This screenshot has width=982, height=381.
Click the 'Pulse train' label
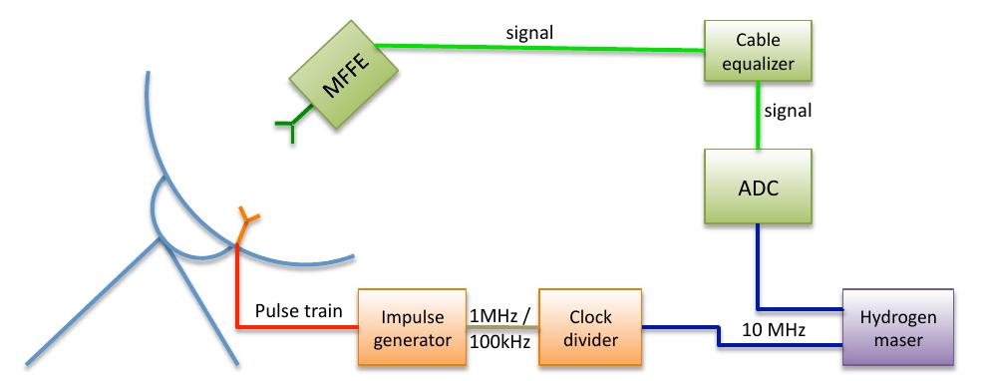[299, 311]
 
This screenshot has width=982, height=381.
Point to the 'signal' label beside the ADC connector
[790, 111]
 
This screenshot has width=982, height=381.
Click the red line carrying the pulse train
[237, 289]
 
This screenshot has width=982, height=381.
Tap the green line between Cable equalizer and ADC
[759, 118]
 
